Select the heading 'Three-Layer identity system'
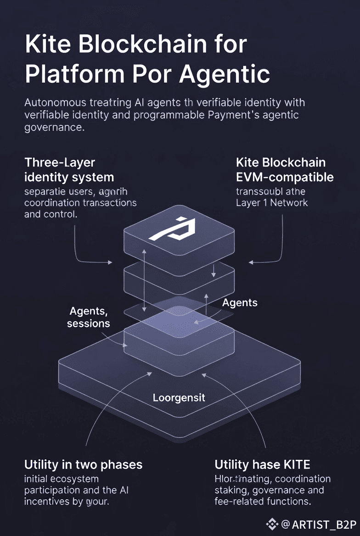[x=69, y=169]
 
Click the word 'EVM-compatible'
[x=285, y=177]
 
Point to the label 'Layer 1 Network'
[x=272, y=202]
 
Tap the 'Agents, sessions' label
[x=88, y=317]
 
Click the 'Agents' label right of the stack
[x=240, y=303]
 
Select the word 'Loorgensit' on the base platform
[x=179, y=397]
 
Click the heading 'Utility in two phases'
[x=83, y=464]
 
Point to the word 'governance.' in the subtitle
[x=54, y=128]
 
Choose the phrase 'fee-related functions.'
[x=263, y=502]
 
